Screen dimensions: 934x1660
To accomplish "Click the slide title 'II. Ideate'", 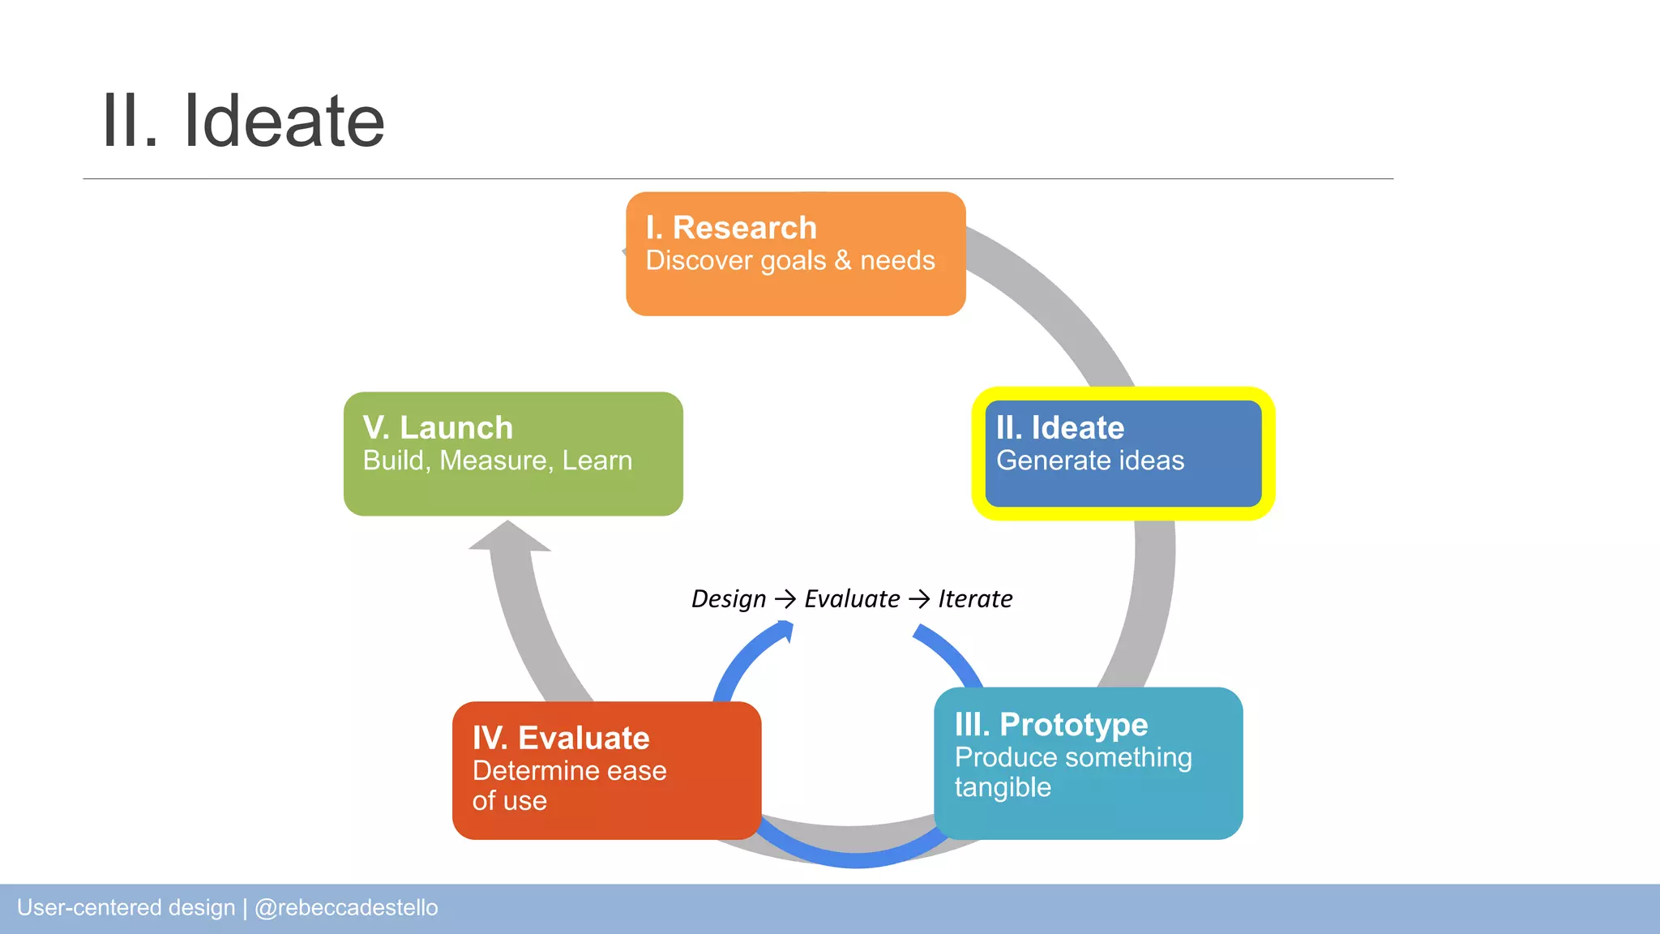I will tap(243, 122).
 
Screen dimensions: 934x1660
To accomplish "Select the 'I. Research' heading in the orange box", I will tap(731, 228).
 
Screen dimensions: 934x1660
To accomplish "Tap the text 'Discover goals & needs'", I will tap(790, 261).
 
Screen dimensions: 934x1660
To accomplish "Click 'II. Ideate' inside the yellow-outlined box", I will tap(1059, 427).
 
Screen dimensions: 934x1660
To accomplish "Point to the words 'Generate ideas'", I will tap(1090, 461).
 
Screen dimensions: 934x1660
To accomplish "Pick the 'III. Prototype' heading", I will tap(1051, 724).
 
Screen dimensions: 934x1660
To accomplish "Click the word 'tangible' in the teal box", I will tap(1003, 787).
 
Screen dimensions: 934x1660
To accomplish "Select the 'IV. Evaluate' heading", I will tap(561, 738).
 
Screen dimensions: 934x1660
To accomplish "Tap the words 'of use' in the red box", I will tap(510, 801).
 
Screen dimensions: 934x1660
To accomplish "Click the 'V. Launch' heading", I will tap(438, 427).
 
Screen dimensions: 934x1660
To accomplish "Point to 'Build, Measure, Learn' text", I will tap(498, 461).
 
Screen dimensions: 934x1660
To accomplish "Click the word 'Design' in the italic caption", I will tap(728, 599).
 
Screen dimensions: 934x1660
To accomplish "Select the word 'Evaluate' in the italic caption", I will tap(852, 599).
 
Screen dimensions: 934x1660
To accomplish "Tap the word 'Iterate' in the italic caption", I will tap(975, 599).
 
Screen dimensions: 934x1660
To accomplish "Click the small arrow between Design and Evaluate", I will tap(785, 599).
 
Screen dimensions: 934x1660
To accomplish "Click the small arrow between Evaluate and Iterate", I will tap(919, 599).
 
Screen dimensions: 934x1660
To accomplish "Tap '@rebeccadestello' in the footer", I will tap(346, 907).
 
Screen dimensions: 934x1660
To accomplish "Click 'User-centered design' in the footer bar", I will tap(126, 907).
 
